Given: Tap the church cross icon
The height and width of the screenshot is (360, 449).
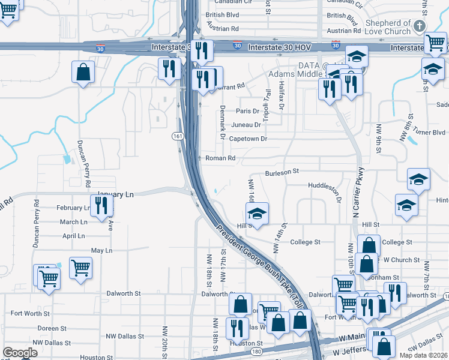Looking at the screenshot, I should (419, 26).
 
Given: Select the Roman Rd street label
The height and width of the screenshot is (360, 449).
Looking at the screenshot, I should (220, 158).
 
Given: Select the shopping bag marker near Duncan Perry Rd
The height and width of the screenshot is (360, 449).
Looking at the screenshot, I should (83, 73).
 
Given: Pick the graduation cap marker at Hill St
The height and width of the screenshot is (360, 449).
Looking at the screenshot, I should (257, 214).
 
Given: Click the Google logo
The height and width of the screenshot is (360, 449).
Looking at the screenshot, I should (20, 353).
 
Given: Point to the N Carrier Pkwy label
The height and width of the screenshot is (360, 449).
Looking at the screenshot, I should (358, 191).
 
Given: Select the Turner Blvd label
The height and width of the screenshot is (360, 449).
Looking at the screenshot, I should (432, 132).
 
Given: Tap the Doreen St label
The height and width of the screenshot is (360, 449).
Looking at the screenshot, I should (52, 328).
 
